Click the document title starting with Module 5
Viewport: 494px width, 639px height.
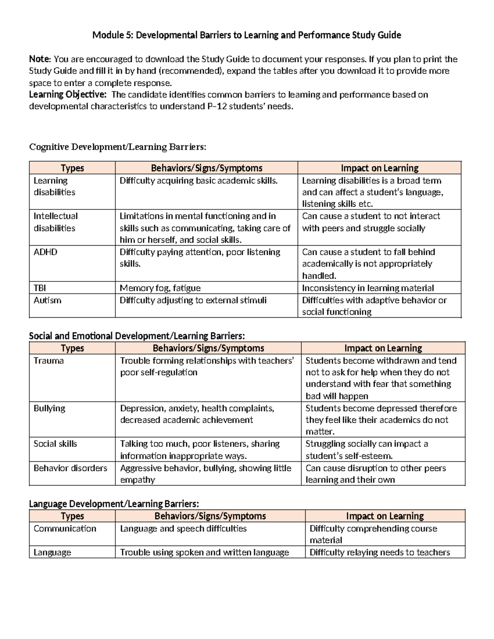[x=247, y=35]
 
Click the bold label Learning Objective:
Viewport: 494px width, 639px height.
[x=68, y=95]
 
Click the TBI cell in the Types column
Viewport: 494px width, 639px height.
[x=40, y=288]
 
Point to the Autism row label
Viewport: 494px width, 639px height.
[x=47, y=300]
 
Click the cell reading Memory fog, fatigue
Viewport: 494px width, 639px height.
[x=160, y=288]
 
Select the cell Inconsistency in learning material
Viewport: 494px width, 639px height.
[x=368, y=288]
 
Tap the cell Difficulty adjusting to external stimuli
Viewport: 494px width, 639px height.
[x=193, y=300]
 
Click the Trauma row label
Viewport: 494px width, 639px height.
[x=49, y=361]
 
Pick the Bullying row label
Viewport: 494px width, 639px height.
[x=49, y=408]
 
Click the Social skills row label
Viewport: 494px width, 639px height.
[x=55, y=444]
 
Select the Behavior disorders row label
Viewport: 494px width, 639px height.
[x=70, y=468]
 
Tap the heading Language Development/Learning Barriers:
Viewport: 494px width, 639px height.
[x=114, y=504]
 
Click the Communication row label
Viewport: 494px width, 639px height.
[x=65, y=529]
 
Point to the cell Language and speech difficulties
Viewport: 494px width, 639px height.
[x=183, y=529]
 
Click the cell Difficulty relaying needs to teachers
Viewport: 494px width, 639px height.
[x=380, y=553]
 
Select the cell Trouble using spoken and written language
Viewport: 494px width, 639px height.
[x=204, y=553]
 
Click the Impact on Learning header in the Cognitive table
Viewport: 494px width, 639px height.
[x=379, y=168]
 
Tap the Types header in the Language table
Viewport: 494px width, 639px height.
[x=72, y=516]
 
